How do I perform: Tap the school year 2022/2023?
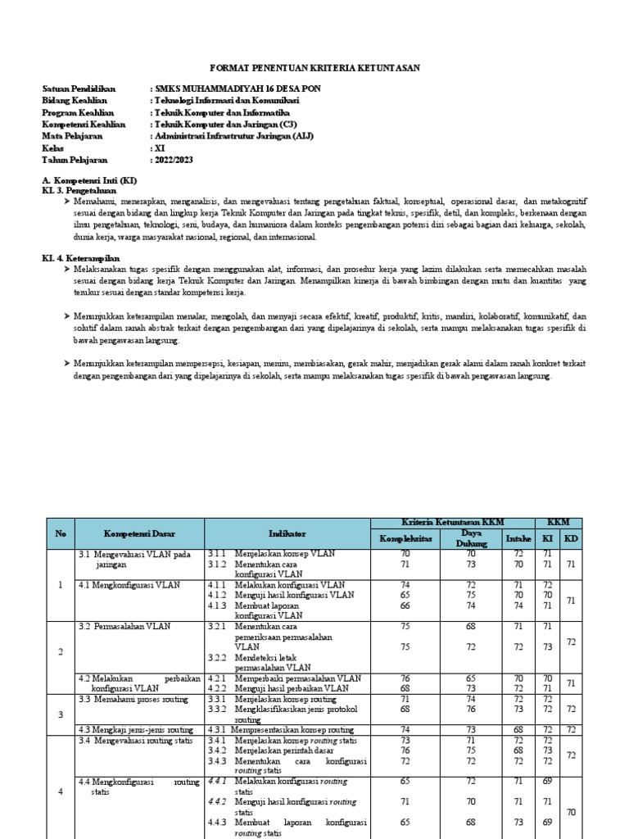pyautogui.click(x=175, y=160)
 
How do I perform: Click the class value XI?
pyautogui.click(x=159, y=148)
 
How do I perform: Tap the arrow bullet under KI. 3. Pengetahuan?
pyautogui.click(x=66, y=201)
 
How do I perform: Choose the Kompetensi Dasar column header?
pyautogui.click(x=139, y=533)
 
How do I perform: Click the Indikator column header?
pyautogui.click(x=287, y=533)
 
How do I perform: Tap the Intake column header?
pyautogui.click(x=518, y=538)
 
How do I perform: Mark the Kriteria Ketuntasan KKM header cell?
pyautogui.click(x=452, y=523)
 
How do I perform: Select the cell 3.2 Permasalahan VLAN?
pyautogui.click(x=125, y=626)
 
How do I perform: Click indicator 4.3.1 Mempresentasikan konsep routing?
pyautogui.click(x=292, y=729)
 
